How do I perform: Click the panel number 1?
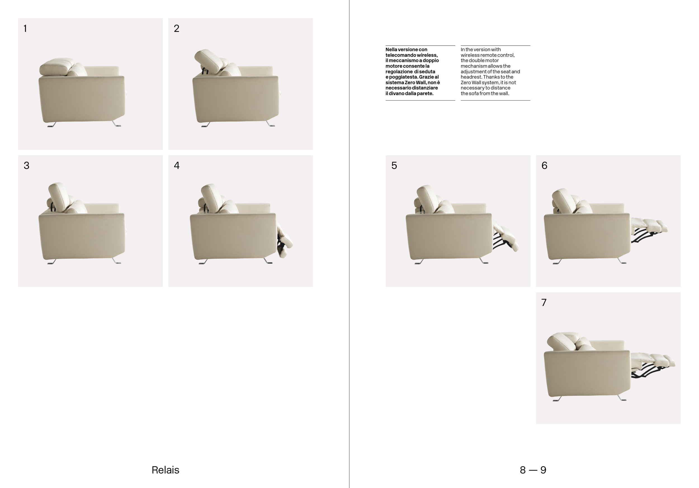pos(25,28)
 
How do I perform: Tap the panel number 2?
pos(177,28)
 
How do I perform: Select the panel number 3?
pos(27,165)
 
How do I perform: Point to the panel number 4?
pos(177,165)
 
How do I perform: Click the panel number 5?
pos(394,165)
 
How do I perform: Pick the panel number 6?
pos(544,165)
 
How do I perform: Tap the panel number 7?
pos(544,302)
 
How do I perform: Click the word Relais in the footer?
pos(165,470)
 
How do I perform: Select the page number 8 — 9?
pos(533,470)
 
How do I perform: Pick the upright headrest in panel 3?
pos(59,196)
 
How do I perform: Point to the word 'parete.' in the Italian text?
pos(425,93)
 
